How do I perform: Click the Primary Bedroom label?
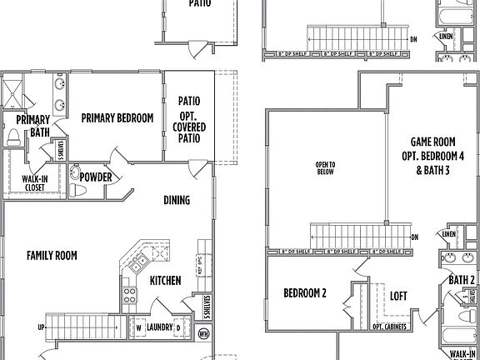tap(117, 118)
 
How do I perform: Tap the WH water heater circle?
tap(204, 333)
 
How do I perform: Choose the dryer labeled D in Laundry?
tap(177, 327)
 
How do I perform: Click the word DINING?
tap(177, 200)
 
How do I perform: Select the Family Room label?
tap(52, 256)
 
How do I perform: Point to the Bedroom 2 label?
tap(305, 293)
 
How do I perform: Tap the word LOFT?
tap(398, 295)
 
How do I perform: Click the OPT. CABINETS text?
tap(389, 327)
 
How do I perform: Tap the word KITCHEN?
tap(166, 281)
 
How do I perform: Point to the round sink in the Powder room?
tap(76, 174)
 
